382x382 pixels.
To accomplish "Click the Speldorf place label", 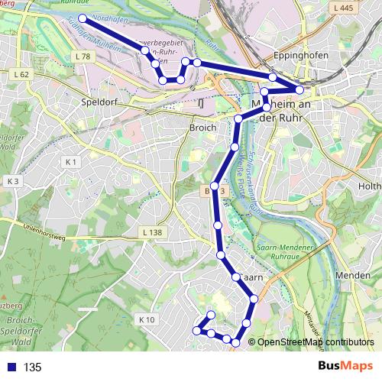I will (x=96, y=101).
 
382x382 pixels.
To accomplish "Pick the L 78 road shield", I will (x=83, y=57).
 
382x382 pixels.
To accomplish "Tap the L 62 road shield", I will (x=21, y=74).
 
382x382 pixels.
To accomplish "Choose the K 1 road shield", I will (x=72, y=162).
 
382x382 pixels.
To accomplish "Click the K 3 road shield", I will (x=12, y=181).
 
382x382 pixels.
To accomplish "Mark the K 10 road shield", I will (x=147, y=319).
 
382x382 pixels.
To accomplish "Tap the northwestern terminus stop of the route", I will (x=83, y=17).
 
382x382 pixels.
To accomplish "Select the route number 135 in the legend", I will (x=33, y=367).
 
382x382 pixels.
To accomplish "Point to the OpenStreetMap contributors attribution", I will (x=316, y=342).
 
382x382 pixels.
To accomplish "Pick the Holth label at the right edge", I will (x=370, y=186).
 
